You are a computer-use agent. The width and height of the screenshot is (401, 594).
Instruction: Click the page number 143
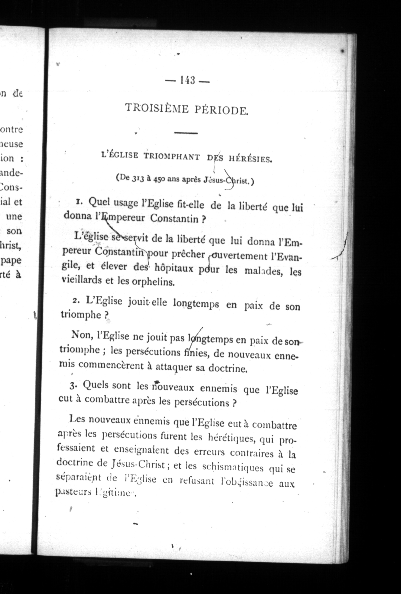(x=187, y=81)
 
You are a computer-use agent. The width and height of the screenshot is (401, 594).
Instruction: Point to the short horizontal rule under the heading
(x=186, y=133)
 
